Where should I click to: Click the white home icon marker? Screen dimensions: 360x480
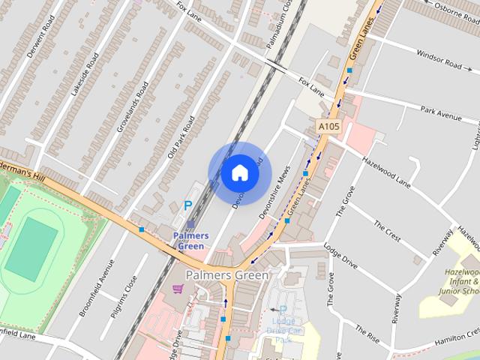click(239, 173)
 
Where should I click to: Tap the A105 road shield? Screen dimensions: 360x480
click(328, 127)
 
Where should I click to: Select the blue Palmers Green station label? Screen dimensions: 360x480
click(190, 241)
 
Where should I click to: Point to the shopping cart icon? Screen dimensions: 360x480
click(178, 289)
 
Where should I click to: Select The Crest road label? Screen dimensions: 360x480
click(388, 229)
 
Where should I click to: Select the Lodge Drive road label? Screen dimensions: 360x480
click(340, 256)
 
